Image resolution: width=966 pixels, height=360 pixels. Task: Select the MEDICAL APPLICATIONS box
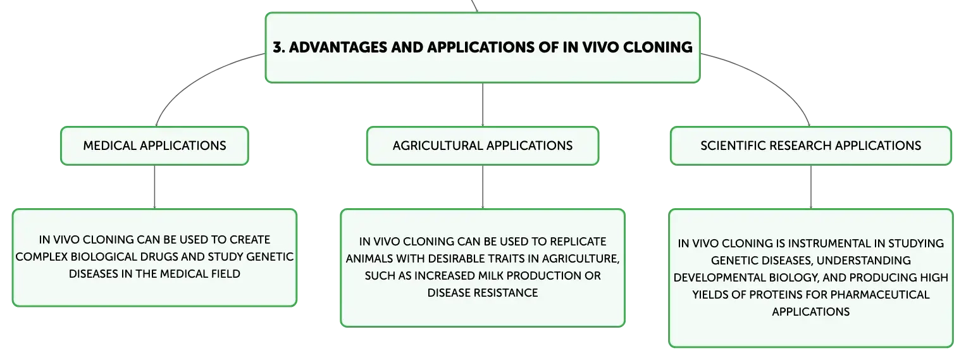click(x=154, y=146)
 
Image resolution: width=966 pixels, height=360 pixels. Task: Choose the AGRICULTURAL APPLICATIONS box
click(x=483, y=146)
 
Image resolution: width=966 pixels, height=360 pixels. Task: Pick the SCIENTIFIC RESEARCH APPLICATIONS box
click(x=811, y=146)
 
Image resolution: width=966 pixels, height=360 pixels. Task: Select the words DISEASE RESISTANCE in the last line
click(x=483, y=293)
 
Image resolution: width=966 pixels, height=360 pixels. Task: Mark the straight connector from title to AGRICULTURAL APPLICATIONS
click(x=483, y=104)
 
